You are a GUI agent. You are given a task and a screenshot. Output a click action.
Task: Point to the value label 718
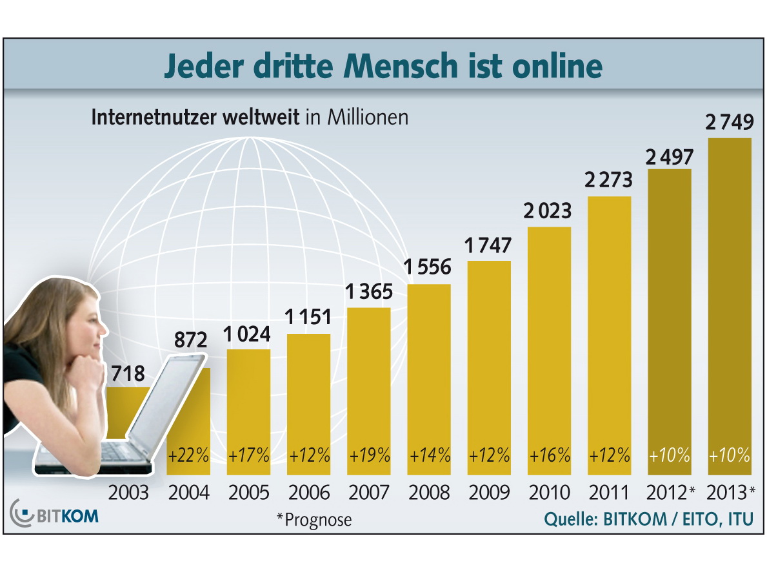pos(128,373)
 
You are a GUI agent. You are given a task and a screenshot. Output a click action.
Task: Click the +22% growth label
pos(188,455)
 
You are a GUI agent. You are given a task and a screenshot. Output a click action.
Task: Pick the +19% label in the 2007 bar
pos(369,455)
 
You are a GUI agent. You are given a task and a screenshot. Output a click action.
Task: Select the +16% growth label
pos(550,455)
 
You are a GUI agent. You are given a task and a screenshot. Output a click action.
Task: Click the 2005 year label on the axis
pos(248,493)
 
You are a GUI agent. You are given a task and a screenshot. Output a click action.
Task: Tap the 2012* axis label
pos(671,493)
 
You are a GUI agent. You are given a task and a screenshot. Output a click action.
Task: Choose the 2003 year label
pos(128,493)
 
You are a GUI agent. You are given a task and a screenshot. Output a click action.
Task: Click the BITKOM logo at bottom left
pos(55,517)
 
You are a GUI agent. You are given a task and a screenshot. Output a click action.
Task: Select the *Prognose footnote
pos(314,519)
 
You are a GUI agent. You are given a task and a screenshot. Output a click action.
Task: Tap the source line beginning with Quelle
pos(649,519)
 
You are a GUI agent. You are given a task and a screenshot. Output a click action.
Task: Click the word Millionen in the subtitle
pos(368,118)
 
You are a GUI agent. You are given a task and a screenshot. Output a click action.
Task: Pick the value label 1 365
pos(368,292)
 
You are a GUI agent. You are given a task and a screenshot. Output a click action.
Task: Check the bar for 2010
pos(550,336)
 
